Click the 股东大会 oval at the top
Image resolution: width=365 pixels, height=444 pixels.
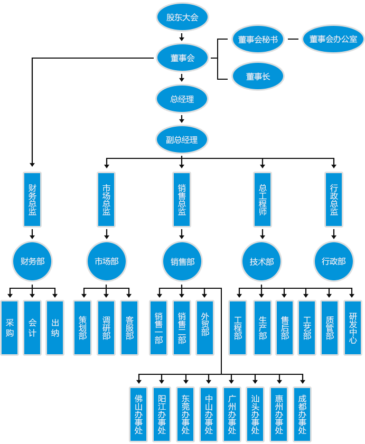pos(182,17)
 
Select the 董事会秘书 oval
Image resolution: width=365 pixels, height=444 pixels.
pos(258,39)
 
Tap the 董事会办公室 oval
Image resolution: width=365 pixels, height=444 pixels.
pos(333,39)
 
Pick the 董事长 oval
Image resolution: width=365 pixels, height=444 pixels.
pos(258,77)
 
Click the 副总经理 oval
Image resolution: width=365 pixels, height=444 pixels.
pos(182,140)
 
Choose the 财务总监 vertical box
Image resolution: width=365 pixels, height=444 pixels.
pos(32,200)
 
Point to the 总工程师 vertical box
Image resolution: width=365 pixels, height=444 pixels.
pos(263,200)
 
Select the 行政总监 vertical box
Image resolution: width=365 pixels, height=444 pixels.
pos(333,200)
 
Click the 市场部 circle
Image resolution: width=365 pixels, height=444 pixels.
pos(107,261)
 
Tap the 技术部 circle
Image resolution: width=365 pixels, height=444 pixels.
pos(262,261)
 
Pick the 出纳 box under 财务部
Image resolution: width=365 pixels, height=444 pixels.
pos(55,327)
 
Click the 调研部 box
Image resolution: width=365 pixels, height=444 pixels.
pos(106,327)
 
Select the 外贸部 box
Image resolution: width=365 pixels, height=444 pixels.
pos(205,327)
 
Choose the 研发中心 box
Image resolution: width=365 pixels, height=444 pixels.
pos(353,327)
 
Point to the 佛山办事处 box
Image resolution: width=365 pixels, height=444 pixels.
pos(138,414)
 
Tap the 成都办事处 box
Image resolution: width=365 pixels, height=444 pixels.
pos(302,414)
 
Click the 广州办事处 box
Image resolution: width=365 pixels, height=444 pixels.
pos(232,414)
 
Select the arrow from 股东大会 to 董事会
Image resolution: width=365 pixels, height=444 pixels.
pos(182,37)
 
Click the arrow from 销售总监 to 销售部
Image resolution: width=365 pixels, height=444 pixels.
pos(182,234)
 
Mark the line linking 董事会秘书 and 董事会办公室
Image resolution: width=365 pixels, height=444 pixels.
pos(293,39)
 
